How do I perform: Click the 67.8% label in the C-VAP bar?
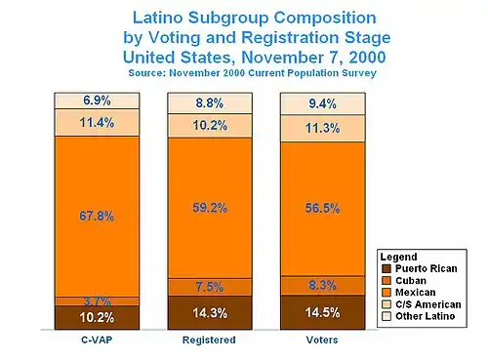97,217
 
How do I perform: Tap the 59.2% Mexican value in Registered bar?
210,208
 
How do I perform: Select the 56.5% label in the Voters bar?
323,208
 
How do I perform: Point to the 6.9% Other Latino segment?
97,100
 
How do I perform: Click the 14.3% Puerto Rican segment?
210,312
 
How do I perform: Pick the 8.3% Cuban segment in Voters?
323,286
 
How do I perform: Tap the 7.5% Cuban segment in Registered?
210,287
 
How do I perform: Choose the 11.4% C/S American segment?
97,123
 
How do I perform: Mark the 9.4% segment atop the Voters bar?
323,103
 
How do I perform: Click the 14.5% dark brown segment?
323,312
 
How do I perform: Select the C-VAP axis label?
97,340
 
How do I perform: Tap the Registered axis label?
209,340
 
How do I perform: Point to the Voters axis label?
322,340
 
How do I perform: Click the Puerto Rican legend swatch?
386,269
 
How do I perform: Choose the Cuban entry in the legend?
411,281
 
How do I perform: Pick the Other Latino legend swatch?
386,316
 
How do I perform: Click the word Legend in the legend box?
398,257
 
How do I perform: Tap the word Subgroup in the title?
228,19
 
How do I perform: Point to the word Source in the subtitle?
146,73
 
